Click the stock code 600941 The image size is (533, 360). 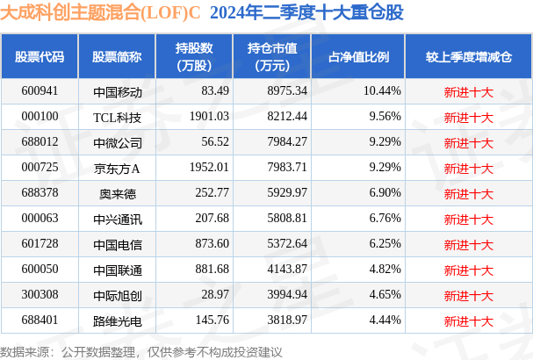[x=39, y=90]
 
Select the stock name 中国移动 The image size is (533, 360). [x=117, y=90]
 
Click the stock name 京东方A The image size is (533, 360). [x=117, y=167]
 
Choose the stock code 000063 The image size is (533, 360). [x=39, y=218]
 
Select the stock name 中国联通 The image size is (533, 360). [x=117, y=269]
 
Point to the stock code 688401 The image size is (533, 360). [x=39, y=320]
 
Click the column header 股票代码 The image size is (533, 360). [x=40, y=57]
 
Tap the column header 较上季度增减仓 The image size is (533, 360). [x=468, y=57]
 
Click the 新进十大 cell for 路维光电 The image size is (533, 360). [x=468, y=320]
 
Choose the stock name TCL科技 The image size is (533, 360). [x=117, y=116]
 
